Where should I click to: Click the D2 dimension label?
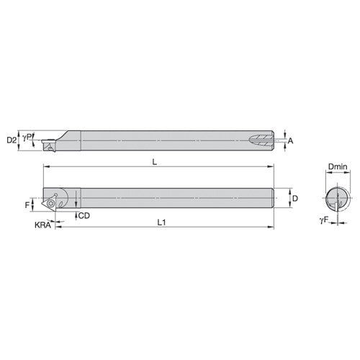click(11, 138)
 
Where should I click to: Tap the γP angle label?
click(26, 135)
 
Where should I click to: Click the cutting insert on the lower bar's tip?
click(53, 202)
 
